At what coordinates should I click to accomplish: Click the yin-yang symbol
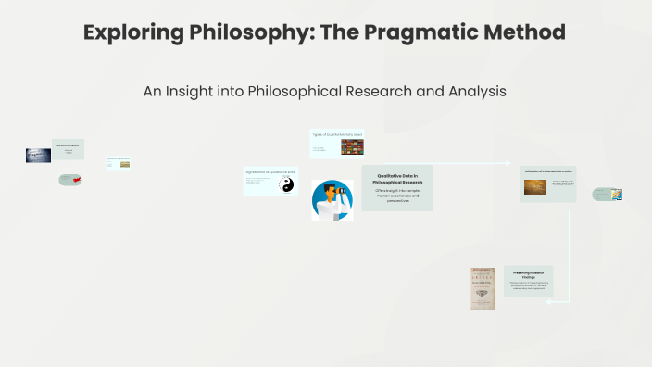click(286, 185)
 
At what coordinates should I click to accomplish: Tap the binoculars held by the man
click(339, 195)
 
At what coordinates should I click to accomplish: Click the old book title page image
click(483, 288)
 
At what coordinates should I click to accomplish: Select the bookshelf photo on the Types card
click(352, 146)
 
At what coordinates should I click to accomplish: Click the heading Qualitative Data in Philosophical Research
click(397, 178)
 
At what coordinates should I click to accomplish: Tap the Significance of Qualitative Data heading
click(270, 172)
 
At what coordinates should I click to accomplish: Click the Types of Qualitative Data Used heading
click(336, 134)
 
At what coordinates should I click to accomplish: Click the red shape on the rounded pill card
click(78, 179)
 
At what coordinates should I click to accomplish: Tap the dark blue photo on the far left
click(38, 156)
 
